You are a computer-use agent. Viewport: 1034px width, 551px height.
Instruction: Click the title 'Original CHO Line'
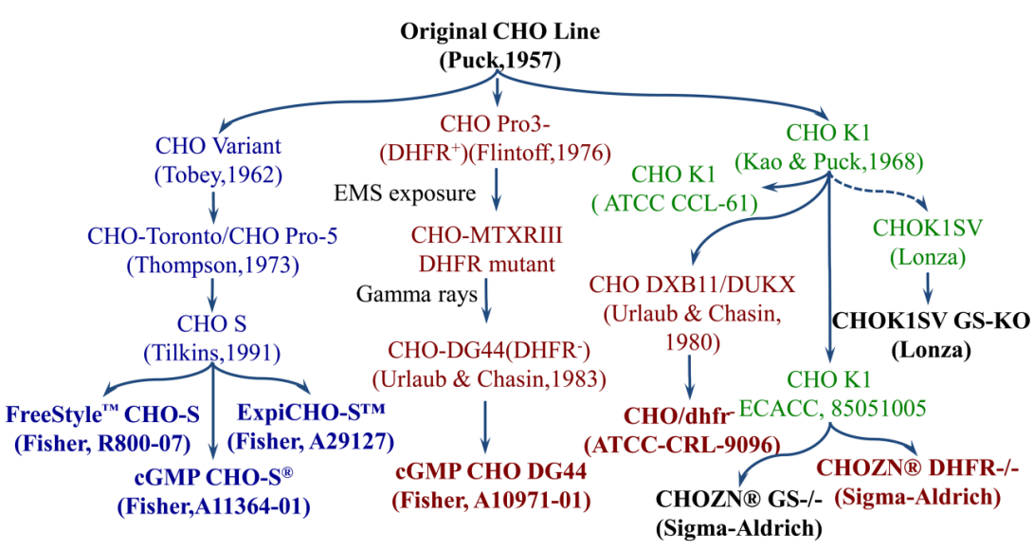[499, 32]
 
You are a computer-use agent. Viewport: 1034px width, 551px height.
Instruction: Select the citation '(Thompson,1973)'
[209, 266]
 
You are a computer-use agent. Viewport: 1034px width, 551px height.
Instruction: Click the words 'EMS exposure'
[404, 194]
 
